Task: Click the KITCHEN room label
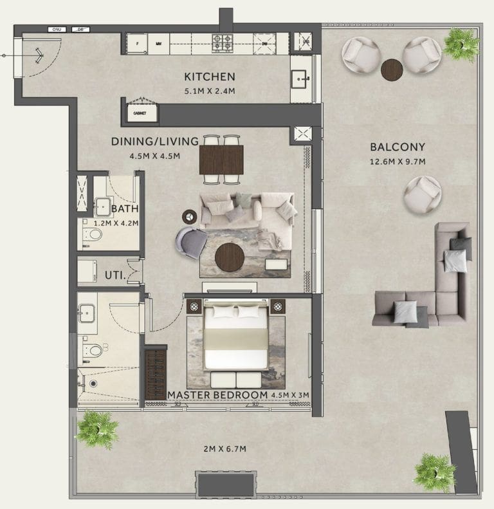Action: [x=209, y=76]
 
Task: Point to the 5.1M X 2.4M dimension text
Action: [x=209, y=91]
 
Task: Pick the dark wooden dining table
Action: [x=221, y=160]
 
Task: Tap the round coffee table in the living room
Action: [x=230, y=257]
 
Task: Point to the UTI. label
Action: [x=114, y=276]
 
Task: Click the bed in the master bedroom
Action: [x=235, y=338]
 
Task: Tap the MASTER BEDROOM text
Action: [x=217, y=394]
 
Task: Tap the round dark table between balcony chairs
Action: [x=392, y=69]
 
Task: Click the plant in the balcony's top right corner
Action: [x=461, y=44]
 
